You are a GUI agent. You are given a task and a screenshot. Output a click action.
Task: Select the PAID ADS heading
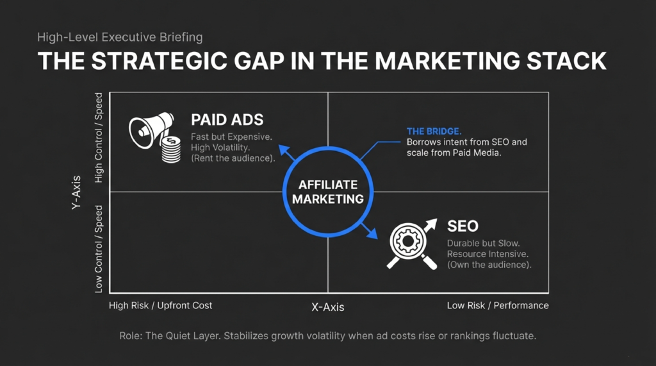tap(227, 120)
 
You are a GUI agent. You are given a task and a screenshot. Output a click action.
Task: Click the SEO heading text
tap(463, 226)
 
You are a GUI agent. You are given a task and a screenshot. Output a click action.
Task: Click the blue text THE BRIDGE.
tap(434, 131)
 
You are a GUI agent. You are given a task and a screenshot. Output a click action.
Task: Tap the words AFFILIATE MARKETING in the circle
tap(328, 191)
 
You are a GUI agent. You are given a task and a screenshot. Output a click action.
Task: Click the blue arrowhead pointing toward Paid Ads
tap(282, 152)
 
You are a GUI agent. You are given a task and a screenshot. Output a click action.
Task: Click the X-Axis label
tap(327, 307)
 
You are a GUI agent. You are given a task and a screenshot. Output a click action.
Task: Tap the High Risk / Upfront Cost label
tap(161, 305)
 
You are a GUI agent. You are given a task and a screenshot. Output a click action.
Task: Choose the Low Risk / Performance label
tap(498, 305)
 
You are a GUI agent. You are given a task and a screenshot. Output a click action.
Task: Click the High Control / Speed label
tap(99, 138)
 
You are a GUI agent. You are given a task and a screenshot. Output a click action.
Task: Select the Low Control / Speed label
tap(99, 249)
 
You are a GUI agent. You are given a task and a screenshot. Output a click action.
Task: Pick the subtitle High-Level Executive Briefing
tap(120, 37)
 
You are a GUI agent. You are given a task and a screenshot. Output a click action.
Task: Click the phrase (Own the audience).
tap(489, 265)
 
